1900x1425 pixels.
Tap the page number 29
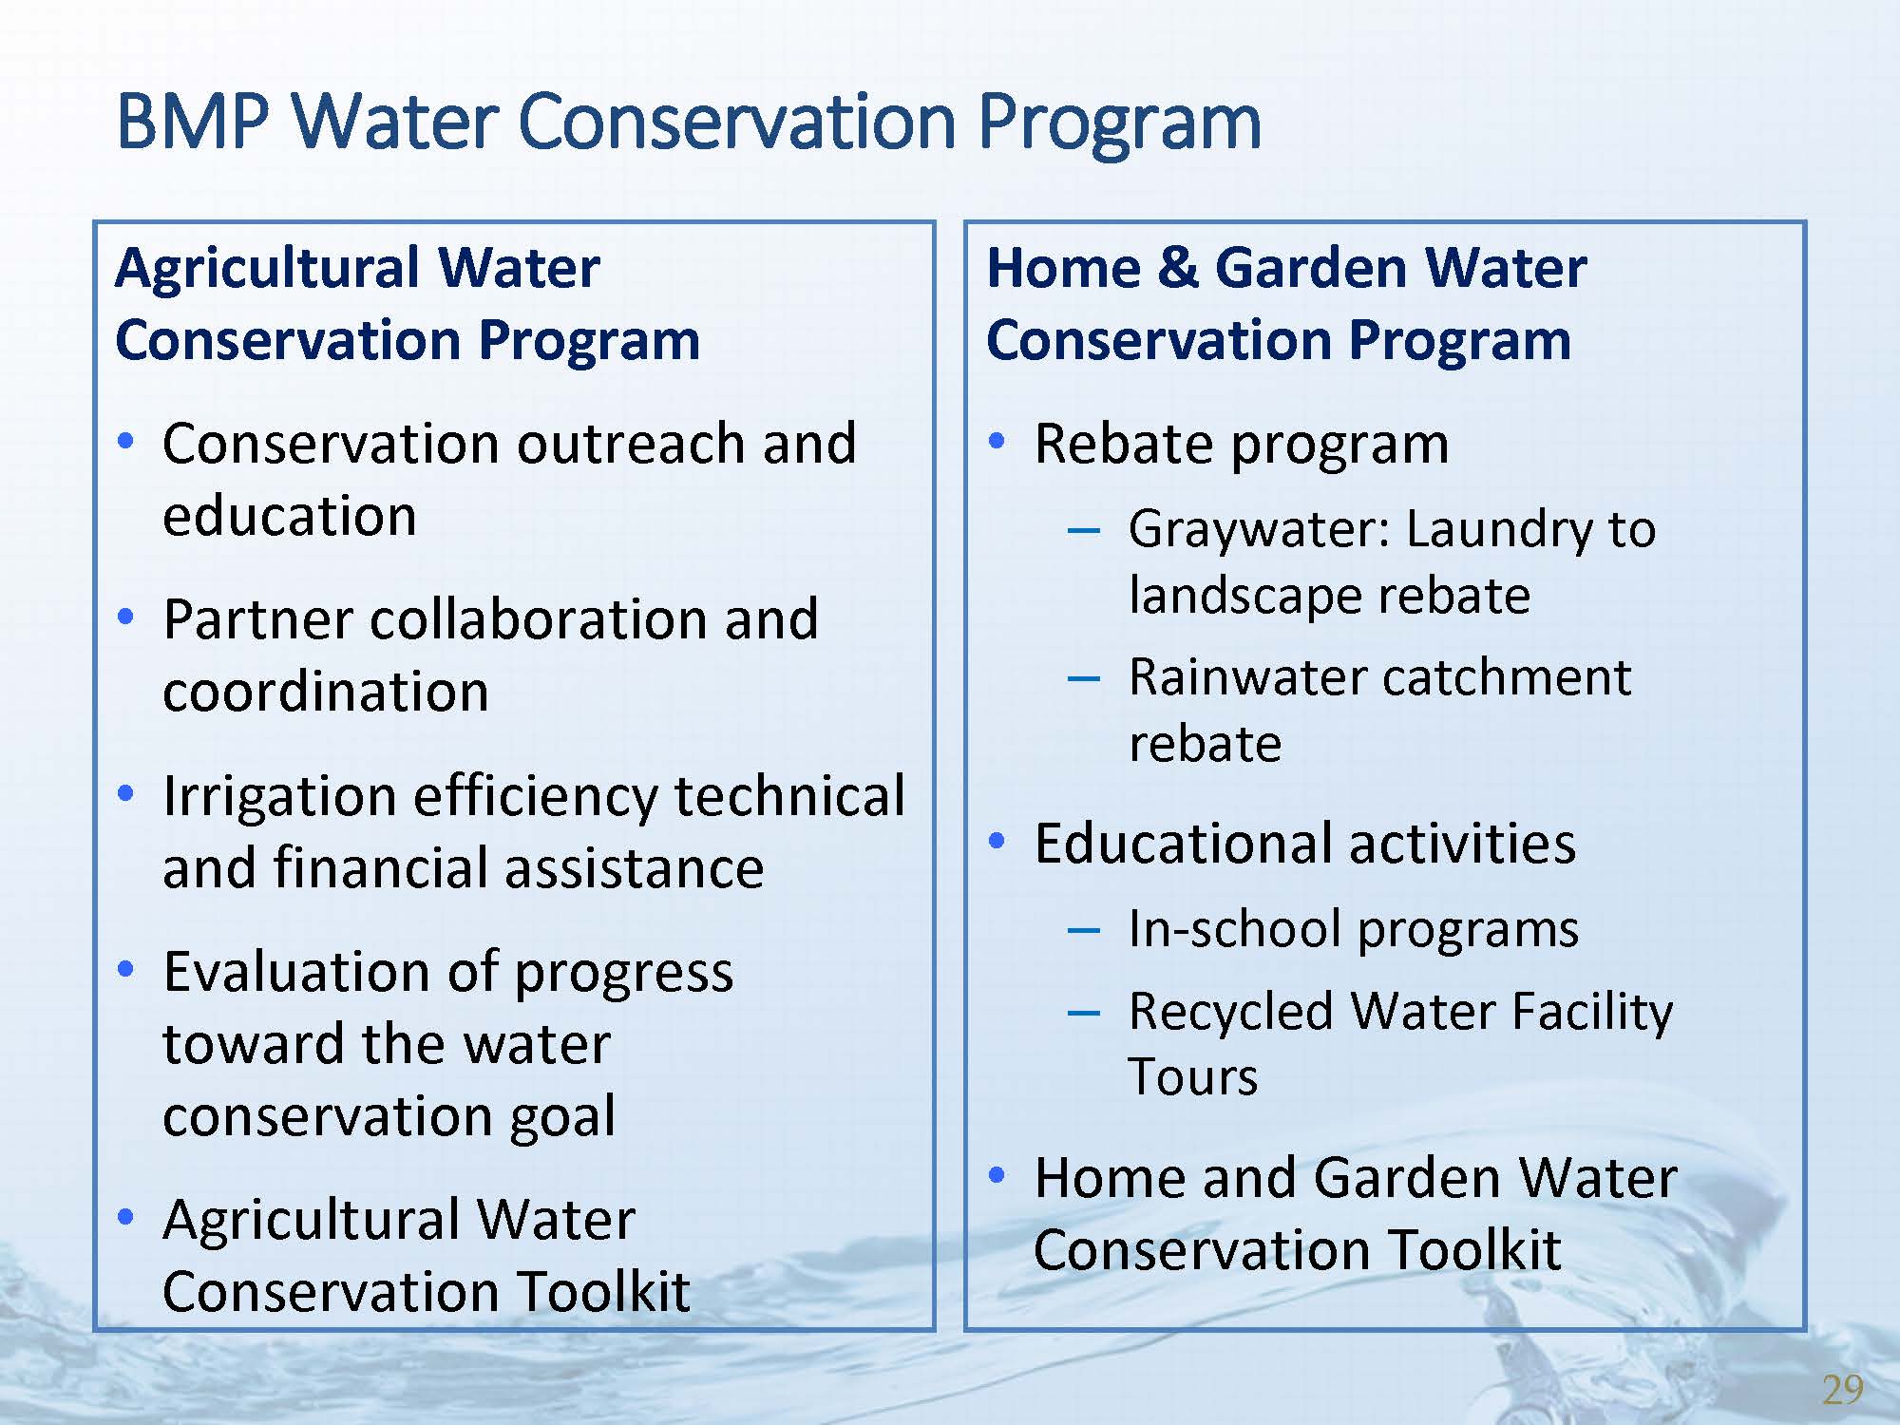[x=1843, y=1390]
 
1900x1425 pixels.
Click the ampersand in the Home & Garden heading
[x=1177, y=267]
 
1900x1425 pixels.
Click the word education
[x=290, y=516]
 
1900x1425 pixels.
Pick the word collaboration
[x=540, y=619]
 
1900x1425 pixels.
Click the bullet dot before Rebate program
[x=997, y=441]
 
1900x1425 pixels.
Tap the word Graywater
[x=1254, y=530]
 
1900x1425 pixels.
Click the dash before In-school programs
[x=1084, y=929]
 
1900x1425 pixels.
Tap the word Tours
[x=1193, y=1077]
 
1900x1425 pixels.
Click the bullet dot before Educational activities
[x=997, y=841]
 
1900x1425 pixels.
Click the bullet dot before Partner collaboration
[x=125, y=617]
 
